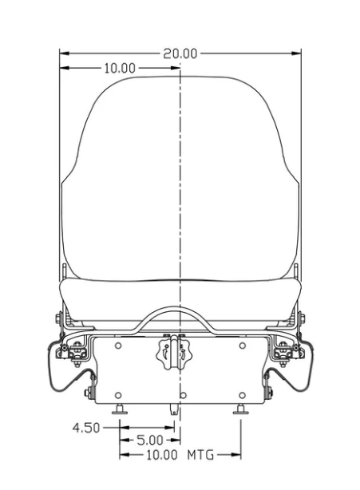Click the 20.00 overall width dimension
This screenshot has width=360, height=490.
pos(180,53)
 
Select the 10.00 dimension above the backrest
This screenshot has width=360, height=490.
pos(120,68)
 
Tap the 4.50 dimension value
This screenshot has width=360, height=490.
pos(86,428)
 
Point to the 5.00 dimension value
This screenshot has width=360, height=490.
pos(150,441)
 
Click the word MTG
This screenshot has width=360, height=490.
pos(200,455)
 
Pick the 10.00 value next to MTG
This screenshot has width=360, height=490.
pos(162,455)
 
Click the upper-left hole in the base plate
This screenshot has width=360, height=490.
pos(118,346)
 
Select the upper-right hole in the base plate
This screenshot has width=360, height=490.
pos(242,346)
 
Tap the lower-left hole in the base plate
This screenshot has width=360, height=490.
pos(118,395)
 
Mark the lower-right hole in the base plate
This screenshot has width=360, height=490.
pos(242,395)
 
